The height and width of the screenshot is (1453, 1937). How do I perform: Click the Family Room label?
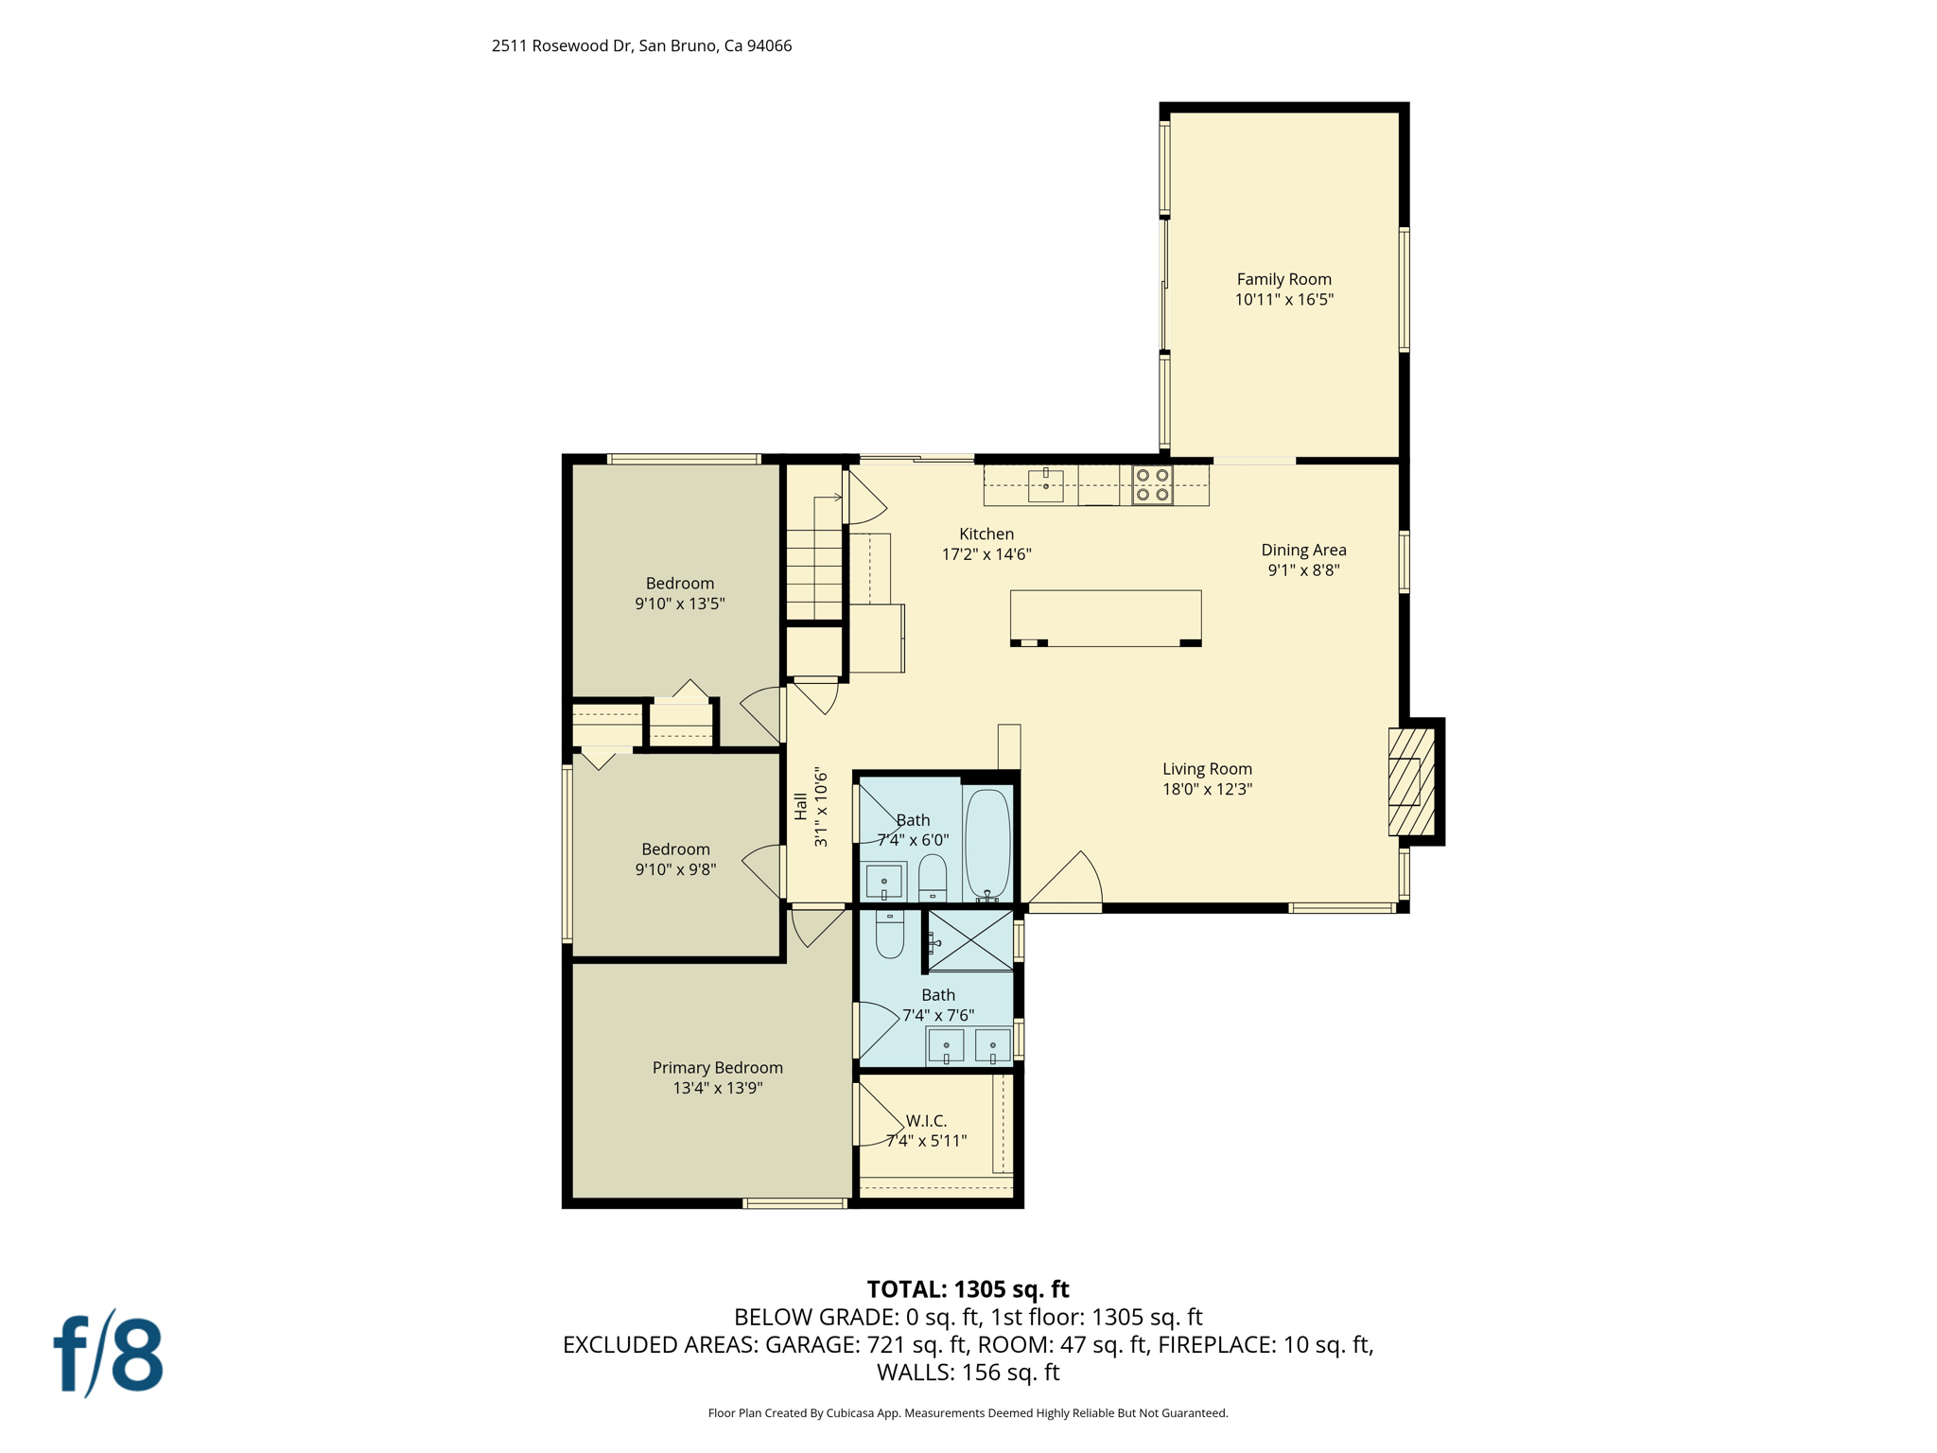(x=1283, y=279)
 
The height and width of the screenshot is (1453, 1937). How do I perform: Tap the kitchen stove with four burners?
(x=1152, y=484)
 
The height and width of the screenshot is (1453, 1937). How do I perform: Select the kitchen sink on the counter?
(x=1045, y=485)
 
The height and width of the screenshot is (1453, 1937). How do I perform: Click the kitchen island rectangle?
(x=1105, y=617)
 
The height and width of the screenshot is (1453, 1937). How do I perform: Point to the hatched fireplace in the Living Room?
(x=1410, y=781)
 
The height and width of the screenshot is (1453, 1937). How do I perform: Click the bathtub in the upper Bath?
(x=987, y=842)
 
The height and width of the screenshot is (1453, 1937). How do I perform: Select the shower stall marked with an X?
(x=970, y=940)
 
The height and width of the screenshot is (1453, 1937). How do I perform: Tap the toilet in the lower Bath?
(x=890, y=935)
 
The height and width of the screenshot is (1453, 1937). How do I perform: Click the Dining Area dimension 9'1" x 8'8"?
(x=1303, y=569)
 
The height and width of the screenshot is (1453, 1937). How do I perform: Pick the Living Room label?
(x=1207, y=769)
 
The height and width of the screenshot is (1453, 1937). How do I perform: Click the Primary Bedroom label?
(x=717, y=1067)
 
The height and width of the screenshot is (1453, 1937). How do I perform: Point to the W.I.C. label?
(x=926, y=1120)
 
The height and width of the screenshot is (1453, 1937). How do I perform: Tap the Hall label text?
(x=801, y=806)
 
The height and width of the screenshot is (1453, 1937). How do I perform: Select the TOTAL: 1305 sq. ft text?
(x=968, y=1289)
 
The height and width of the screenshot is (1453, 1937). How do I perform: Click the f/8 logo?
(x=108, y=1354)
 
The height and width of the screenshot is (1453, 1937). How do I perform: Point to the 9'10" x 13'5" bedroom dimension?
(x=679, y=604)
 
